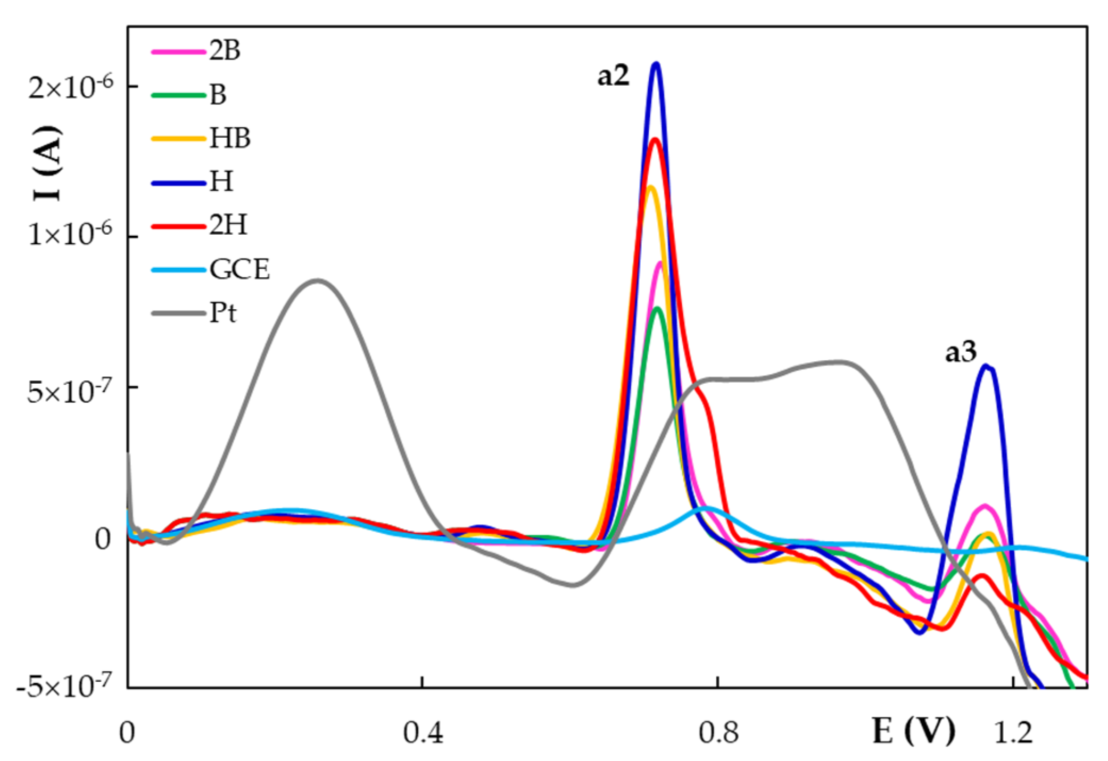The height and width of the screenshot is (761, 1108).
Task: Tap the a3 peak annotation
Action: (x=961, y=353)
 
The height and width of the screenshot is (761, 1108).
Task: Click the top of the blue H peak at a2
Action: (x=656, y=64)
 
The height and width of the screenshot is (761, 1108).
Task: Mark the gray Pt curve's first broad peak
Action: (x=318, y=280)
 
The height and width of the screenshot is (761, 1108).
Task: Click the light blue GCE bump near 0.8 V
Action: (x=706, y=508)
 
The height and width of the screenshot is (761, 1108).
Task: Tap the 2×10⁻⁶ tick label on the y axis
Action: (x=70, y=86)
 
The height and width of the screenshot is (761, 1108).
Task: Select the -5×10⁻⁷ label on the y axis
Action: (x=64, y=686)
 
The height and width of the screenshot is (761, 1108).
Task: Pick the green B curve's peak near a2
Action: (x=657, y=308)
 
